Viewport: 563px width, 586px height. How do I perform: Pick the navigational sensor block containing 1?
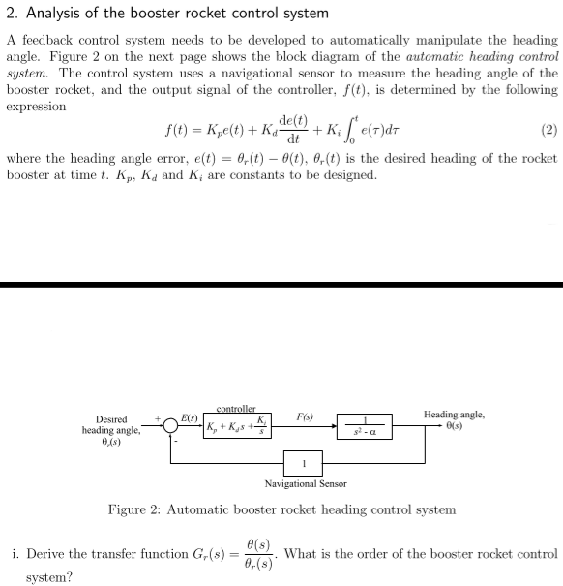click(x=306, y=462)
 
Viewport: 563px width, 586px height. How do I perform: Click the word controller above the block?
click(x=236, y=409)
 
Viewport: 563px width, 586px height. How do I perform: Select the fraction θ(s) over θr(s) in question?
click(x=259, y=555)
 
